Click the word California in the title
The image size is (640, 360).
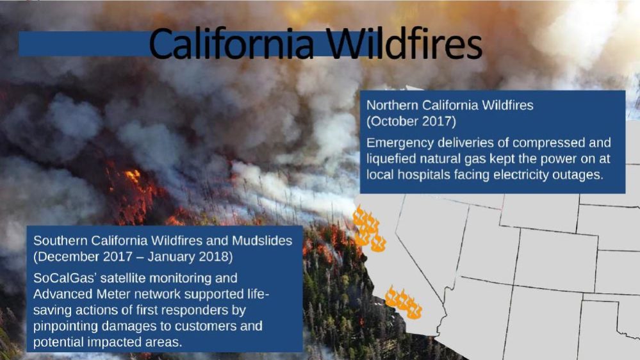pos(231,43)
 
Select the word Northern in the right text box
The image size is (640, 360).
pos(392,105)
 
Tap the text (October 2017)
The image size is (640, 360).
pos(411,121)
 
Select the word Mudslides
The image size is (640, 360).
pos(262,240)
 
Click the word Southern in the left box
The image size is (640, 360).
pos(60,240)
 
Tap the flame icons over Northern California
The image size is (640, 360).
pos(369,229)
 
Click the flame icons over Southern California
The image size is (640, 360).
pos(403,302)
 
